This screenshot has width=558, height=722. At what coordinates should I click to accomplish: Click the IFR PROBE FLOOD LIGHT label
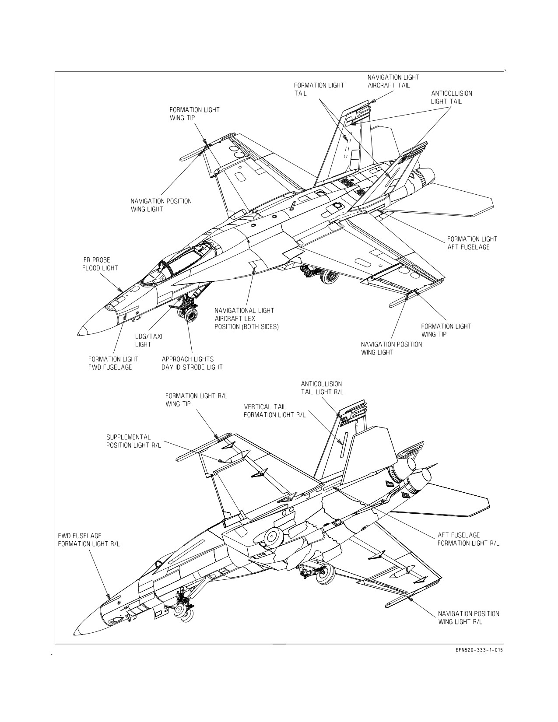coord(100,264)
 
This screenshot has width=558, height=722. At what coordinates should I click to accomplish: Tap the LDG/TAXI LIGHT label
coord(148,340)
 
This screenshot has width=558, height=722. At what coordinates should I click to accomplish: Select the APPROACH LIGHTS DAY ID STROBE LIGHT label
coord(192,363)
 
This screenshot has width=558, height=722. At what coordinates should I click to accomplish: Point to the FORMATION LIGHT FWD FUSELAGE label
coord(113,363)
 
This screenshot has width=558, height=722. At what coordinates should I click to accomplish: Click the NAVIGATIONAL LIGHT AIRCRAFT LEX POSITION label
coord(246,319)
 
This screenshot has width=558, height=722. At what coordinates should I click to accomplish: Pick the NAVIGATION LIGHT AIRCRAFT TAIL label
coord(393,81)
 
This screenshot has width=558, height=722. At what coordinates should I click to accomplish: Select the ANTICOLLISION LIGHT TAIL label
coord(451,97)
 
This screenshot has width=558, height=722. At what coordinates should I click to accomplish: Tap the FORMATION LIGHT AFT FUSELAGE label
coord(472,243)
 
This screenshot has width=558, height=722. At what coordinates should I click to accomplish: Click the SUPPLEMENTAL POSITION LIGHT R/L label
coord(133,441)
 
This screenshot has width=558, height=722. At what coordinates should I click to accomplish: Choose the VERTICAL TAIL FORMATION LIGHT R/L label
coord(274,411)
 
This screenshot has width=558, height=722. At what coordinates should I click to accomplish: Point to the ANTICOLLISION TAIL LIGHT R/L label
coord(322,388)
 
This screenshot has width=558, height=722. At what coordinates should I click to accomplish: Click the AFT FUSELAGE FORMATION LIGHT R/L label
coord(468,539)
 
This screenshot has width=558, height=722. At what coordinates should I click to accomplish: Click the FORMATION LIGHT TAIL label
coord(319,89)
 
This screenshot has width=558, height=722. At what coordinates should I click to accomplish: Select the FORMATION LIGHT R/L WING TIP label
coord(197,400)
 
